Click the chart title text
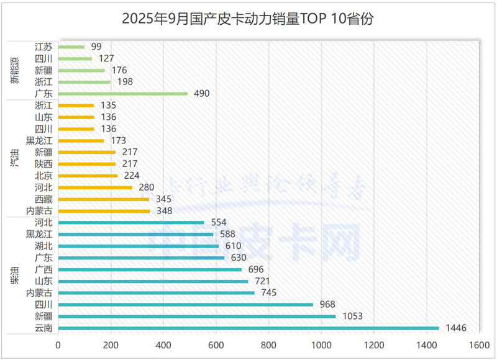(x=248, y=19)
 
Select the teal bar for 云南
(x=248, y=328)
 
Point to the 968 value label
(x=327, y=304)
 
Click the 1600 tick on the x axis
(x=478, y=345)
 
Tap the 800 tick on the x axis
(x=268, y=345)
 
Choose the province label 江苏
(x=43, y=47)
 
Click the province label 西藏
(x=43, y=199)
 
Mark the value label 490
(x=201, y=94)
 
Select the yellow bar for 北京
(x=88, y=176)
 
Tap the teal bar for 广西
(x=150, y=269)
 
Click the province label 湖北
(x=43, y=246)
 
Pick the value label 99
(x=96, y=47)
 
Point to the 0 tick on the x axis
(x=58, y=345)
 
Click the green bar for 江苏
(x=71, y=47)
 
